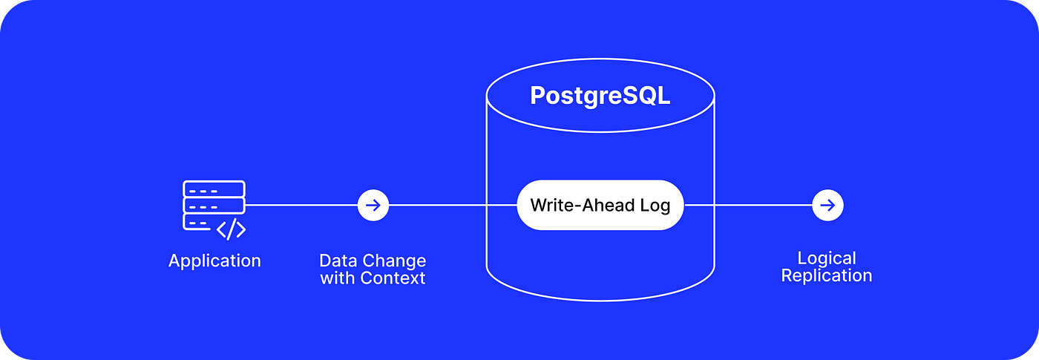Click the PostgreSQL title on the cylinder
[x=600, y=96]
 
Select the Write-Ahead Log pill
[x=600, y=205]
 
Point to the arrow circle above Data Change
[x=373, y=205]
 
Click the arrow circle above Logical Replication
[x=827, y=205]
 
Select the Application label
[x=214, y=261]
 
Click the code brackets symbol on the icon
[x=231, y=229]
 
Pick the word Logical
[x=827, y=258]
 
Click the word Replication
[x=827, y=276]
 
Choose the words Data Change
[x=373, y=261]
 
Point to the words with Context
[x=373, y=278]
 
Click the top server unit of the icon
[x=214, y=189]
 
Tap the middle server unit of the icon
[x=214, y=205]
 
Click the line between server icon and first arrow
[x=301, y=205]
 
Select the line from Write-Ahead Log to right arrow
[x=746, y=205]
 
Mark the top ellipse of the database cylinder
[x=600, y=71]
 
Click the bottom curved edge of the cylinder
[x=600, y=300]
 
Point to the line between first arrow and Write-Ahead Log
[x=453, y=205]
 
